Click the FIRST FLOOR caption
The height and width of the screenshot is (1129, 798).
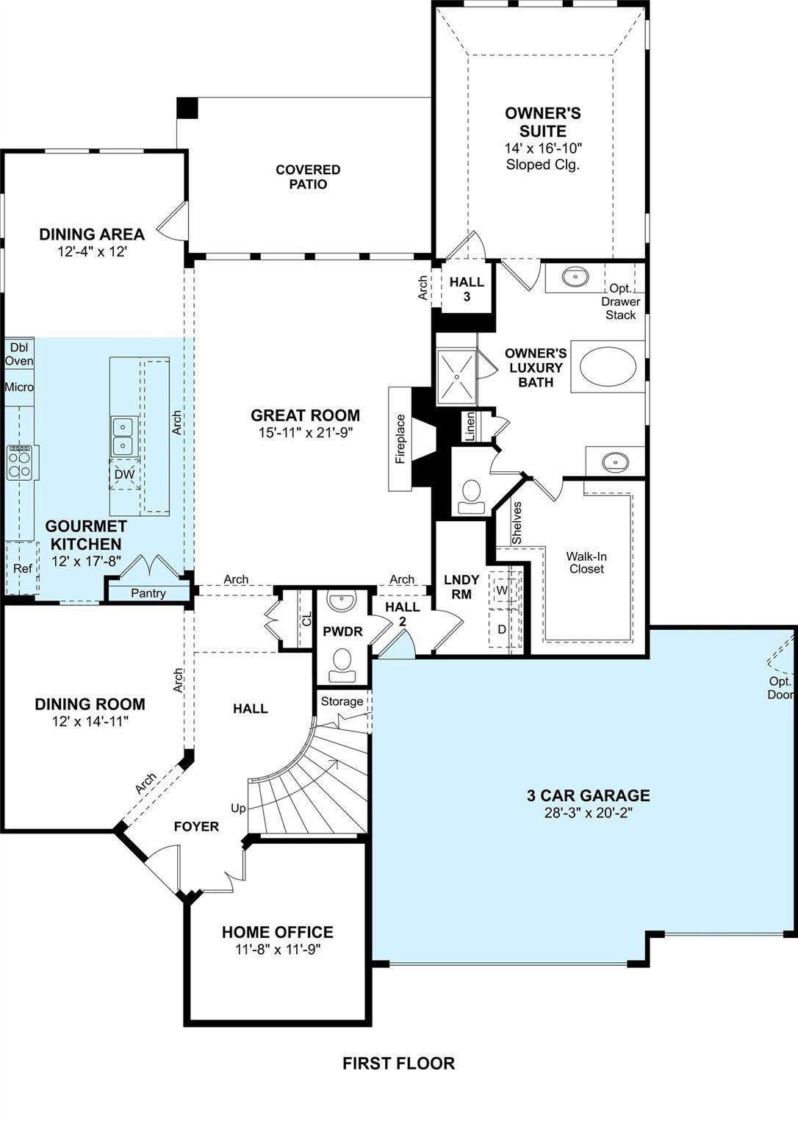(x=398, y=1063)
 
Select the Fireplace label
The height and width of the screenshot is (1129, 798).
(x=400, y=439)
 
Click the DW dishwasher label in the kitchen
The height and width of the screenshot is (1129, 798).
(x=124, y=474)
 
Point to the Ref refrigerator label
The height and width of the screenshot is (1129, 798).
(x=22, y=568)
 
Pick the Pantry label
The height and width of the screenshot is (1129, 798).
(x=148, y=592)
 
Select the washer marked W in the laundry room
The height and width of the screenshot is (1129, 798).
(x=501, y=589)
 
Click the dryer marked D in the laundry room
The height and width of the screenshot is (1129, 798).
(x=501, y=629)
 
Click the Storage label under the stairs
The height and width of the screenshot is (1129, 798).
(x=342, y=701)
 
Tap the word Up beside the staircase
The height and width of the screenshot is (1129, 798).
(x=238, y=808)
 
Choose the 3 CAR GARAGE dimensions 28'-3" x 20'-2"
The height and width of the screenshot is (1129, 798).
(x=588, y=812)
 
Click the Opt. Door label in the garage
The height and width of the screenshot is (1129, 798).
(x=781, y=688)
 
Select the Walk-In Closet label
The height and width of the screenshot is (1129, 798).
(x=586, y=562)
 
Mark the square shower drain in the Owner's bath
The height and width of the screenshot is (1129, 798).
(x=456, y=376)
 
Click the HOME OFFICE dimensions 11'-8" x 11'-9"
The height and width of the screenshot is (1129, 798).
(x=278, y=949)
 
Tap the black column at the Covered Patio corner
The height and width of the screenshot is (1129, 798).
(x=187, y=107)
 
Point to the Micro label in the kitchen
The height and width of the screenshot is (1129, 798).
(x=19, y=387)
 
